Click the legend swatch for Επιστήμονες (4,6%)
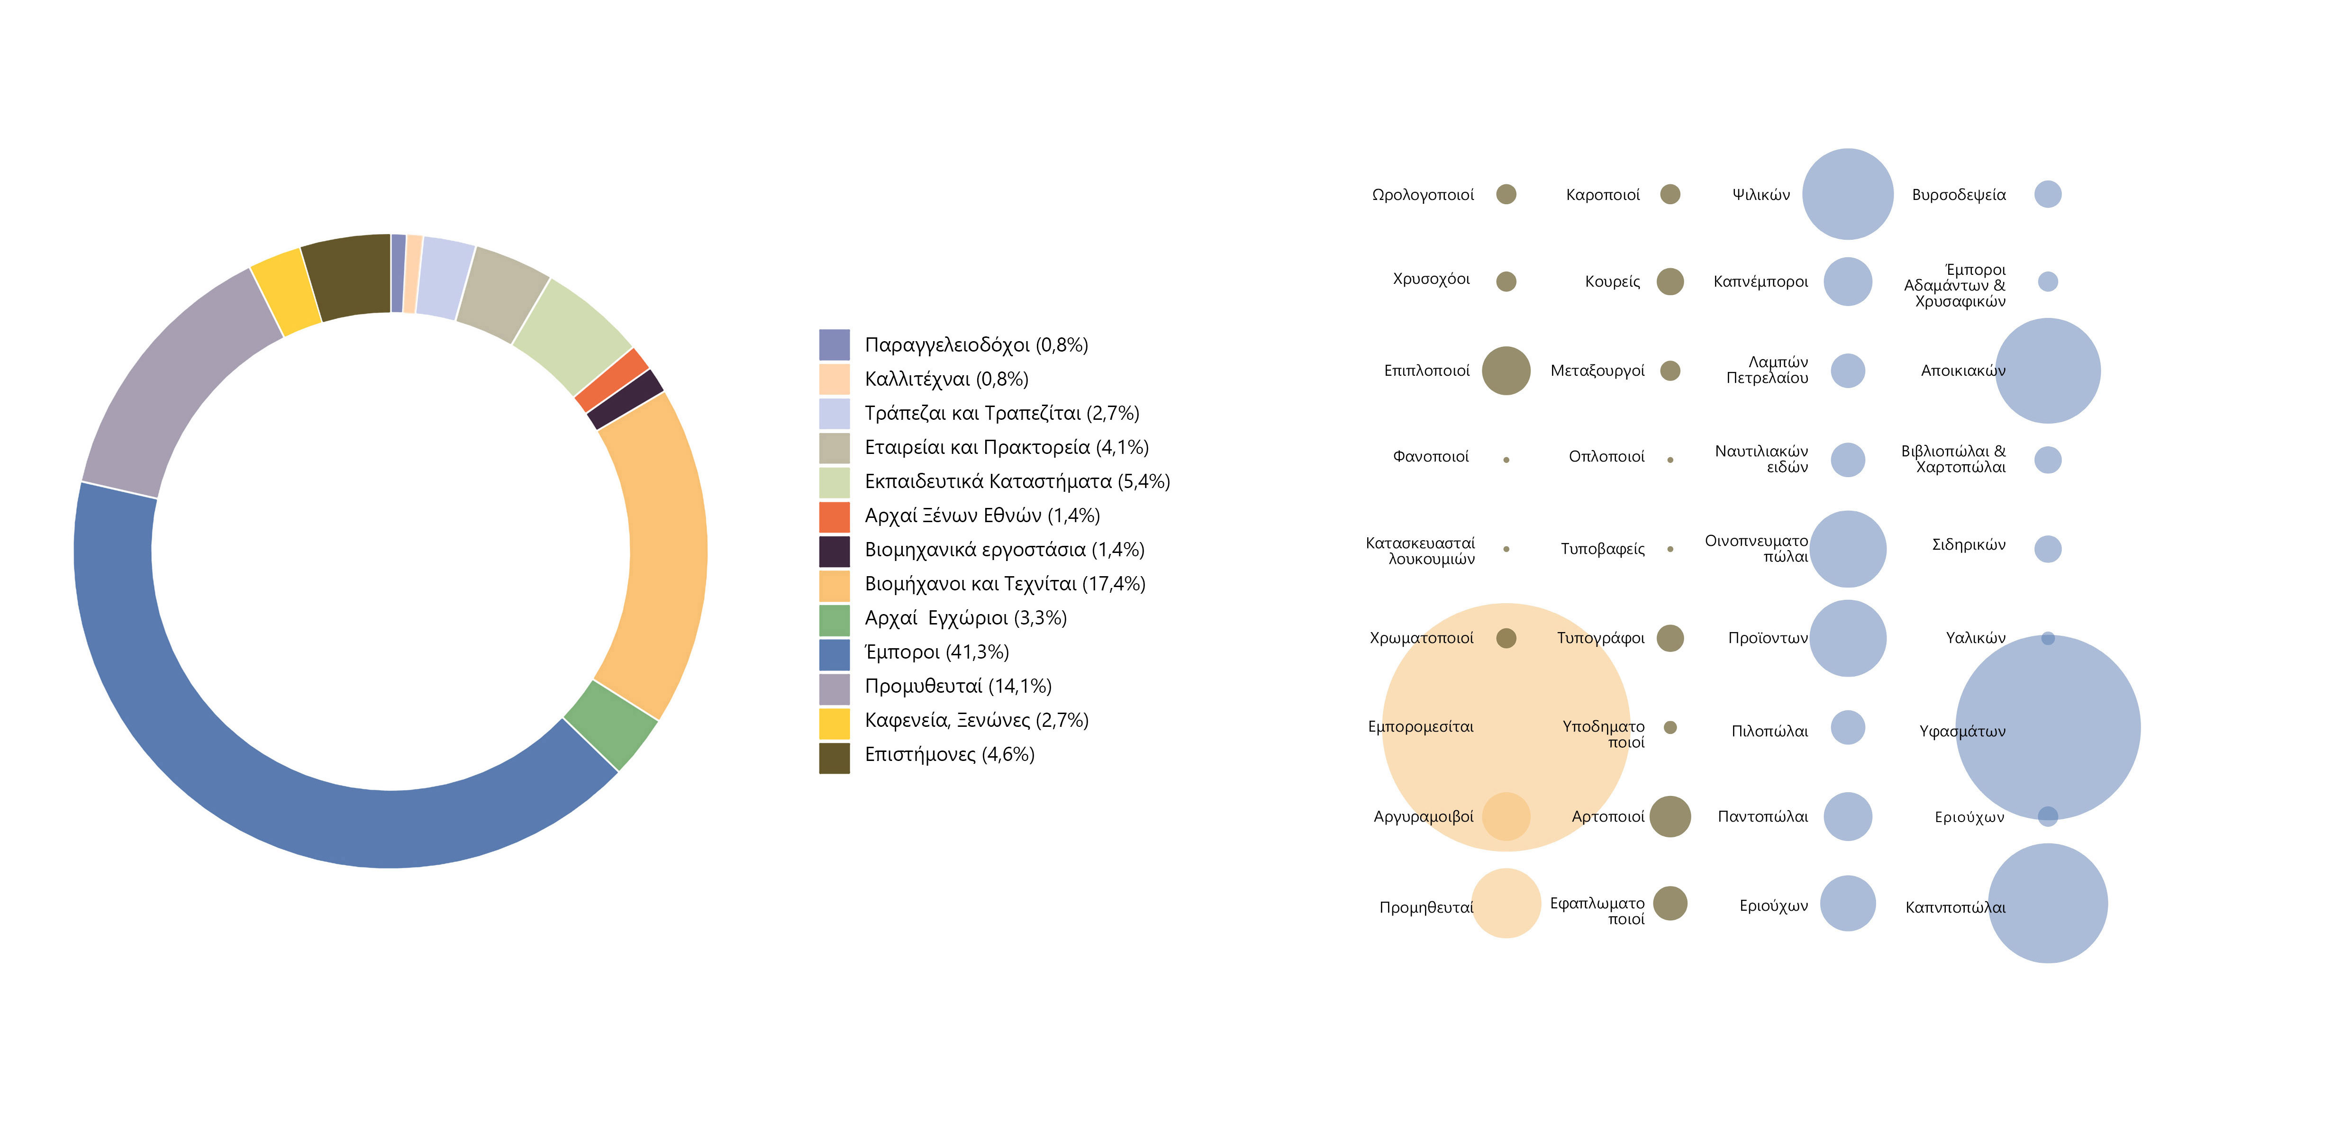pos(834,758)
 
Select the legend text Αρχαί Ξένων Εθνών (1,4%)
pos(982,516)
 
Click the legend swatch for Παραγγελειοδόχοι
pos(834,345)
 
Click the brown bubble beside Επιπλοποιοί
pos(1506,371)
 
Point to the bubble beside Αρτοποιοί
pos(1670,816)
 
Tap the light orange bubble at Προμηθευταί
pos(1506,904)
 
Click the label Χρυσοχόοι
pos(1431,279)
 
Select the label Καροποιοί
pos(1603,194)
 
